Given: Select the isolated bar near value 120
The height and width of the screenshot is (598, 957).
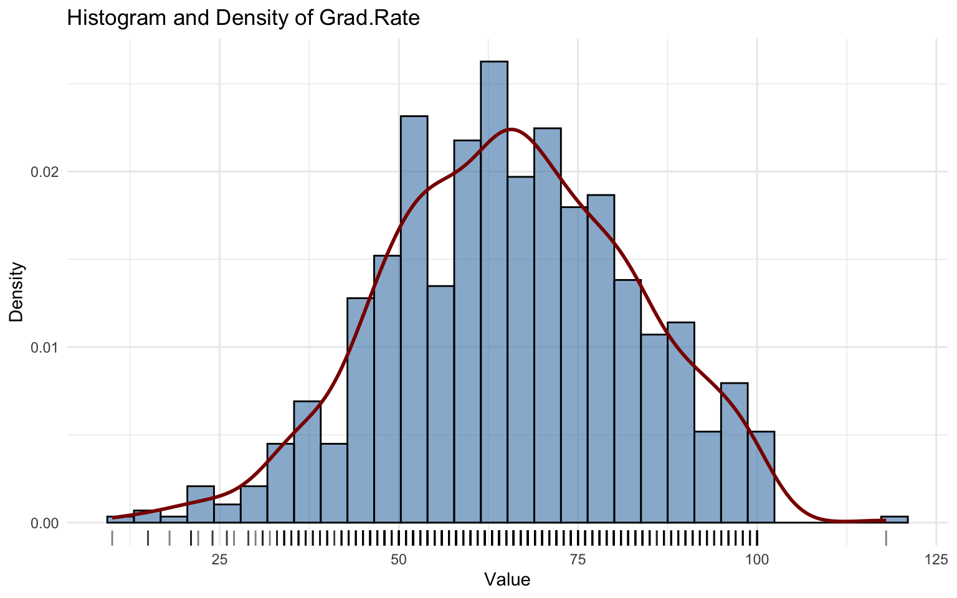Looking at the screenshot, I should tap(894, 519).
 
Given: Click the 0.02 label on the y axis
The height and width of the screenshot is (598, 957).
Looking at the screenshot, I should tap(44, 172).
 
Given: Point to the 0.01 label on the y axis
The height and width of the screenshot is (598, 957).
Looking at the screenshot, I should tap(44, 347).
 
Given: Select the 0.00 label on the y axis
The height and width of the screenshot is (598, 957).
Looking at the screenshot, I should tap(44, 523).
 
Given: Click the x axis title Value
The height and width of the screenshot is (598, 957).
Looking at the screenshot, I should tap(507, 581).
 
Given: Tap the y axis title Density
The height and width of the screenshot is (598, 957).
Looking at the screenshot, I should tap(17, 292).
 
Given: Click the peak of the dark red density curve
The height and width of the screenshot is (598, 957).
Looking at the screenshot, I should tap(510, 130).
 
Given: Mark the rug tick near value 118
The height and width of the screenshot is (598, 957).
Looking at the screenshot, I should tap(886, 538).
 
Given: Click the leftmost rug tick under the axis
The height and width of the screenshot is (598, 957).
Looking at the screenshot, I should tap(112, 538).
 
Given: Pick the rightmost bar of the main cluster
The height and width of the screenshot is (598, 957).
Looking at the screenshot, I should tap(761, 477).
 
